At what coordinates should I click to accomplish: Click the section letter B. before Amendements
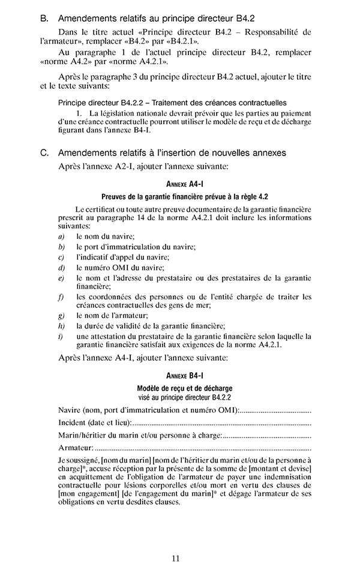(44, 19)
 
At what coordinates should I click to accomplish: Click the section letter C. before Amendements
(44, 153)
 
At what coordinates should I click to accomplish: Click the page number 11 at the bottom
(176, 558)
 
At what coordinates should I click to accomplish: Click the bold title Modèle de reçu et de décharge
(184, 388)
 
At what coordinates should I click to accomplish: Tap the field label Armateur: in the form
(76, 448)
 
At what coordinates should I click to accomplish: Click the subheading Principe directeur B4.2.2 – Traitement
(172, 103)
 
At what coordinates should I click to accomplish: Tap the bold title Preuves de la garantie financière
(184, 197)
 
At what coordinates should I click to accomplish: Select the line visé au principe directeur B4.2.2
(184, 397)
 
